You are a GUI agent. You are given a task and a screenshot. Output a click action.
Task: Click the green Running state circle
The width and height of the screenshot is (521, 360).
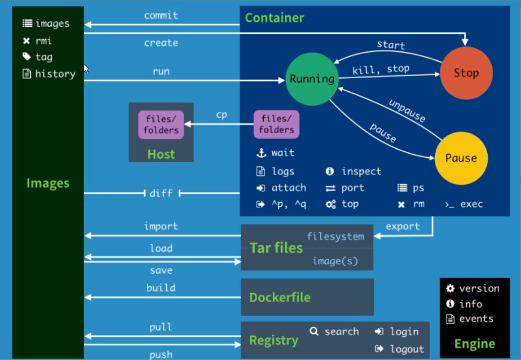coord(311,79)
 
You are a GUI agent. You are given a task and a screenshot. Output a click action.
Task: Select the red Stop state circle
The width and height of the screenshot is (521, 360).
coord(466,73)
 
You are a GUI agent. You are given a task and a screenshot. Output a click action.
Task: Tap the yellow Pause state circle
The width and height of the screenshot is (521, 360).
coord(460,158)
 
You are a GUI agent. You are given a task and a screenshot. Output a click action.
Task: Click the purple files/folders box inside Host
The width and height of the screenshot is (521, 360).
coord(161,125)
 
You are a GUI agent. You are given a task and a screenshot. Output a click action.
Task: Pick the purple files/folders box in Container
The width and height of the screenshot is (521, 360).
coord(276,125)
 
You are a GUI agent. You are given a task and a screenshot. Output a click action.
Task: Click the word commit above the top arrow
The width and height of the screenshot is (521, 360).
coord(161,16)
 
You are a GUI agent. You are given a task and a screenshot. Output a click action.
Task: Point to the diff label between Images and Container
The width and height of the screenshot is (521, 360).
coord(161,193)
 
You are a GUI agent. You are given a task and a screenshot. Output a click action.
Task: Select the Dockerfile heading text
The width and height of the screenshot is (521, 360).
coord(279,297)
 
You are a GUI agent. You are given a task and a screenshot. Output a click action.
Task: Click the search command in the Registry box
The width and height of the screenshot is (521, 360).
coord(341,331)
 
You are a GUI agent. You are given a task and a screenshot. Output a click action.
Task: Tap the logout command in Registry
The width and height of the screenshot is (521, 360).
coord(407,349)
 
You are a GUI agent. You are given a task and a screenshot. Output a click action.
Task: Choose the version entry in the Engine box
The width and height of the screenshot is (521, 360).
coord(479,288)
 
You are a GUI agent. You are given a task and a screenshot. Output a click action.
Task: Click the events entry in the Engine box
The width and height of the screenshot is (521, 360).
coord(476,319)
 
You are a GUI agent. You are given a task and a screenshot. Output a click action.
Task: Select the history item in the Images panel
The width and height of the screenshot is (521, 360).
coord(55,74)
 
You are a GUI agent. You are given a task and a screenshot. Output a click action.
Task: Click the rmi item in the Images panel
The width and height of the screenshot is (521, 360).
coord(43,41)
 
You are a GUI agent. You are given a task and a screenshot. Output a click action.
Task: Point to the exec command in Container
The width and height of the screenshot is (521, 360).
coord(471,204)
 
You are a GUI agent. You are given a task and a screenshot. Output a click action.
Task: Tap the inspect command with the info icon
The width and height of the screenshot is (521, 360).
coord(361,171)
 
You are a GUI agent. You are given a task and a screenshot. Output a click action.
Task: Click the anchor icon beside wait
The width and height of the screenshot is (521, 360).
coord(261,153)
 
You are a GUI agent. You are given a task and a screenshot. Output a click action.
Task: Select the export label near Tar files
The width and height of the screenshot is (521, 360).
coord(402,226)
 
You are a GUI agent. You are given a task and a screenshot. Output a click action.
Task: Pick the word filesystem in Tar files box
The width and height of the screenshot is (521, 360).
coord(335,236)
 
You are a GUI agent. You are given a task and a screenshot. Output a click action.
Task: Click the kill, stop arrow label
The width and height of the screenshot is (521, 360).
coord(380,69)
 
